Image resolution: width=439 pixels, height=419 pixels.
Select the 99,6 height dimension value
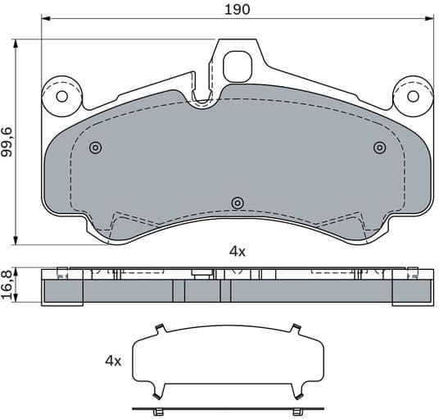(7, 141)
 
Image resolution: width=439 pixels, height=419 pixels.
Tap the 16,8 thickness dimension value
(7, 286)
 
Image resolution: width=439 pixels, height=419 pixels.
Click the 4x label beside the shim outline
(113, 361)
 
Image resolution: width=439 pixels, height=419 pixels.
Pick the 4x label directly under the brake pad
(237, 252)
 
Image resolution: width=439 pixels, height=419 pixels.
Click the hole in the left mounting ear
(61, 96)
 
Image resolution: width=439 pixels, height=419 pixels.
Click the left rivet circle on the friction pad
(96, 148)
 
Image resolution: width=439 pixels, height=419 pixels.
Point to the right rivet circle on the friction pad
(378, 148)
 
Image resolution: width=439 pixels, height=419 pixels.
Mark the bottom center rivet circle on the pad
(238, 203)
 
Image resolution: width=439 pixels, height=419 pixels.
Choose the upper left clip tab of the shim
(160, 330)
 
